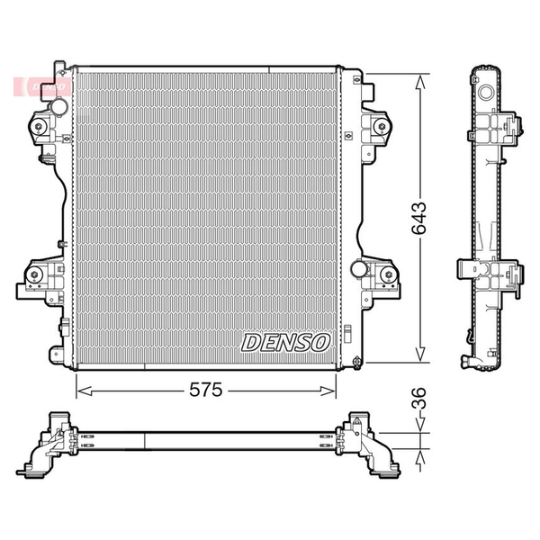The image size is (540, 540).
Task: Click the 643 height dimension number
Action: [419, 219]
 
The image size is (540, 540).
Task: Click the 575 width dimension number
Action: [206, 390]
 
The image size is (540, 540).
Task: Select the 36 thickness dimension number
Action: [419, 398]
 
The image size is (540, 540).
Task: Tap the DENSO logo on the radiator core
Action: [285, 343]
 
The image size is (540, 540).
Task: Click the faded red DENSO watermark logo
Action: [42, 86]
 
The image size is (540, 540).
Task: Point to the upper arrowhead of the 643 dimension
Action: [419, 83]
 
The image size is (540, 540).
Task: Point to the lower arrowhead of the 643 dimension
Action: [419, 354]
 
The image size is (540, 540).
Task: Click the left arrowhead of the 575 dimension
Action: [84, 391]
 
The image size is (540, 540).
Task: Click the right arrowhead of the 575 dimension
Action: [328, 391]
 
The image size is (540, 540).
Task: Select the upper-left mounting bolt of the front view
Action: [38, 126]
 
